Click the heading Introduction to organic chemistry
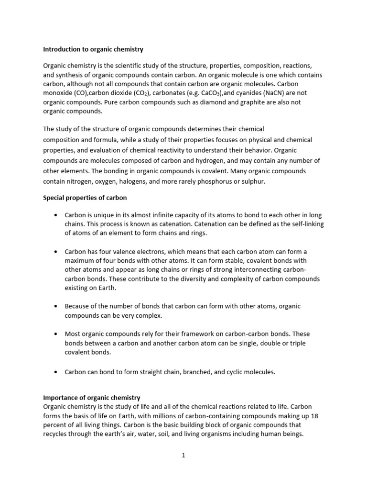(x=93, y=49)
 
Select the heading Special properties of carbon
(x=85, y=198)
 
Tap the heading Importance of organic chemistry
(x=91, y=398)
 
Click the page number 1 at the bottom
(x=183, y=456)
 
